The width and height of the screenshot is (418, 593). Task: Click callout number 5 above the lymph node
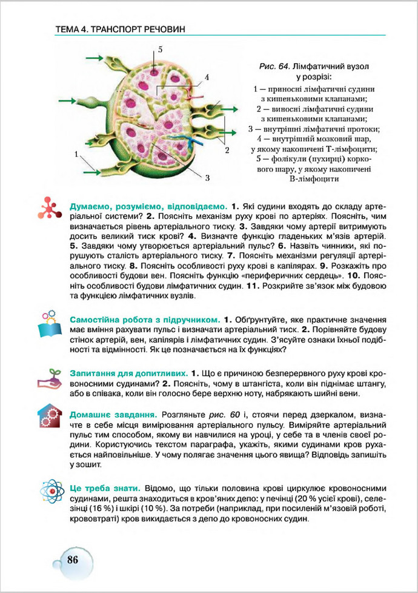pos(161,49)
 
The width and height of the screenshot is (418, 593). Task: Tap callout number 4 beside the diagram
pos(206,78)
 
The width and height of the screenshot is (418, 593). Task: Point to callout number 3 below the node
pos(207,178)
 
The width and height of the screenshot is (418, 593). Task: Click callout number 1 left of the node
pos(78,155)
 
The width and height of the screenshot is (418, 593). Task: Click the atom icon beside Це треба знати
pos(48,491)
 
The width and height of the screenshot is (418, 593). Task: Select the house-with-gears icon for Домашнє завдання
pos(48,416)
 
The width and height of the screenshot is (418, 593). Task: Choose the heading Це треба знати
pos(106,487)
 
